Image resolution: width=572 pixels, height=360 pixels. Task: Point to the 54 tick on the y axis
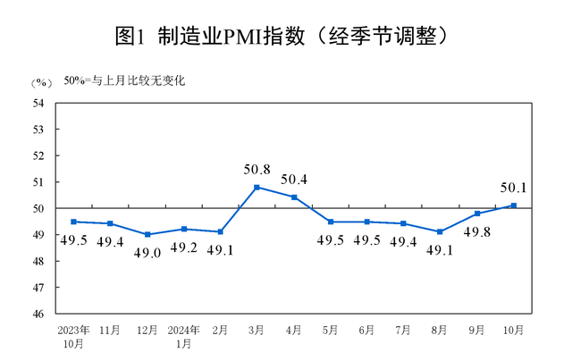pos(38,103)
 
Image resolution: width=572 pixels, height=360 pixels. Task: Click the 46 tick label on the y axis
pos(38,314)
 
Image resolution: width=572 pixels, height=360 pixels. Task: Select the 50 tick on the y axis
pos(38,208)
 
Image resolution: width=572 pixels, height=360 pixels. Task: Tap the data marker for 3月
pos(257,188)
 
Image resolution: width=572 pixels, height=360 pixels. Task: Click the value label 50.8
pos(257,169)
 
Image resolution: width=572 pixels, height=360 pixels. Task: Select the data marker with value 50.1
pos(513,205)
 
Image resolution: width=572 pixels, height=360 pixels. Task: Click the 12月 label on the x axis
pos(147,331)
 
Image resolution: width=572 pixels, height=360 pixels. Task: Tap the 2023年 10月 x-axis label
pos(72,336)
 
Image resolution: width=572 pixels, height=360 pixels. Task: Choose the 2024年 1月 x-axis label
pos(183,336)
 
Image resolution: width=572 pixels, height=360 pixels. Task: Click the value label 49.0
pos(148,252)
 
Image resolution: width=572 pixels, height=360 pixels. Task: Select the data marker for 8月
pos(440,231)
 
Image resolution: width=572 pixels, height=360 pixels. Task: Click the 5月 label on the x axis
pos(330,331)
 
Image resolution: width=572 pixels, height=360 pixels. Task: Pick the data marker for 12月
pos(147,234)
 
